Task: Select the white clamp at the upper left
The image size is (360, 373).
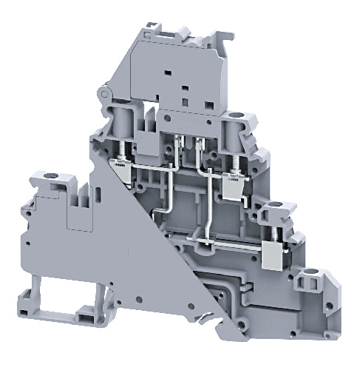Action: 120,169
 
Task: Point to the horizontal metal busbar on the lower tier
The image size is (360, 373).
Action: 222,243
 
